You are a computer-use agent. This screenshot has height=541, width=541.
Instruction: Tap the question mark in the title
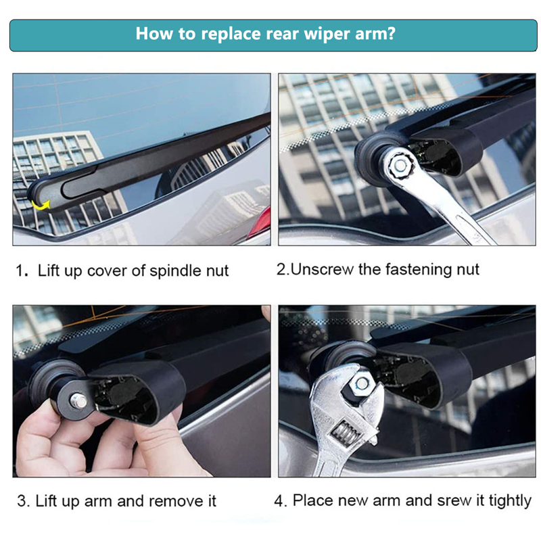(392, 33)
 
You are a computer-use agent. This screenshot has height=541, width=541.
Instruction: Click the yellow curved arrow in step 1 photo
(41, 205)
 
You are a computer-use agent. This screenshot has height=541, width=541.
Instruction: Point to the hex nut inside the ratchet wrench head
(400, 166)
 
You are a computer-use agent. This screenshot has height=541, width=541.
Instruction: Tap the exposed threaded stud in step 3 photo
(78, 401)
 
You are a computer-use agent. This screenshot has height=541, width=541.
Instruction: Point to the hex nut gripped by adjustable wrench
(362, 383)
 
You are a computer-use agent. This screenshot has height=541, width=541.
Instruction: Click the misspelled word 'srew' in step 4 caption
(454, 501)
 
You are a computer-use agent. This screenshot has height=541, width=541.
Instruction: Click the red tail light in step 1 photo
(262, 221)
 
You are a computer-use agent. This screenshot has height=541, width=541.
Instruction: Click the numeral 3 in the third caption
(22, 501)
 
